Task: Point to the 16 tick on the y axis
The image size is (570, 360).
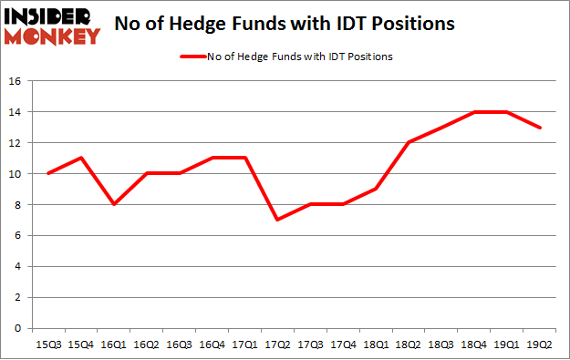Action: point(16,81)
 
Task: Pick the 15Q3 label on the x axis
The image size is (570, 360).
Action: point(47,345)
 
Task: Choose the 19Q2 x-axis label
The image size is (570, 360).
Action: point(541,345)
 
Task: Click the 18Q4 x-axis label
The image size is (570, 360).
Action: point(475,345)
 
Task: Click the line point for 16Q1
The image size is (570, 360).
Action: point(113,204)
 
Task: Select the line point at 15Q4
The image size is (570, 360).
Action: point(80,159)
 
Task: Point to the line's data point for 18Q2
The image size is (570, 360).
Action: point(409,143)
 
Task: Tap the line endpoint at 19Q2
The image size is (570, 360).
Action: point(541,128)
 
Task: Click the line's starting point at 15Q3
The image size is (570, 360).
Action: point(47,173)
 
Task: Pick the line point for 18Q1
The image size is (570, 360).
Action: point(377,189)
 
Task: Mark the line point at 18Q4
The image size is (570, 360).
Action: point(475,112)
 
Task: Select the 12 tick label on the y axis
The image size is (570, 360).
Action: point(16,143)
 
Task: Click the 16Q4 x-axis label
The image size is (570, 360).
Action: point(212,345)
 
